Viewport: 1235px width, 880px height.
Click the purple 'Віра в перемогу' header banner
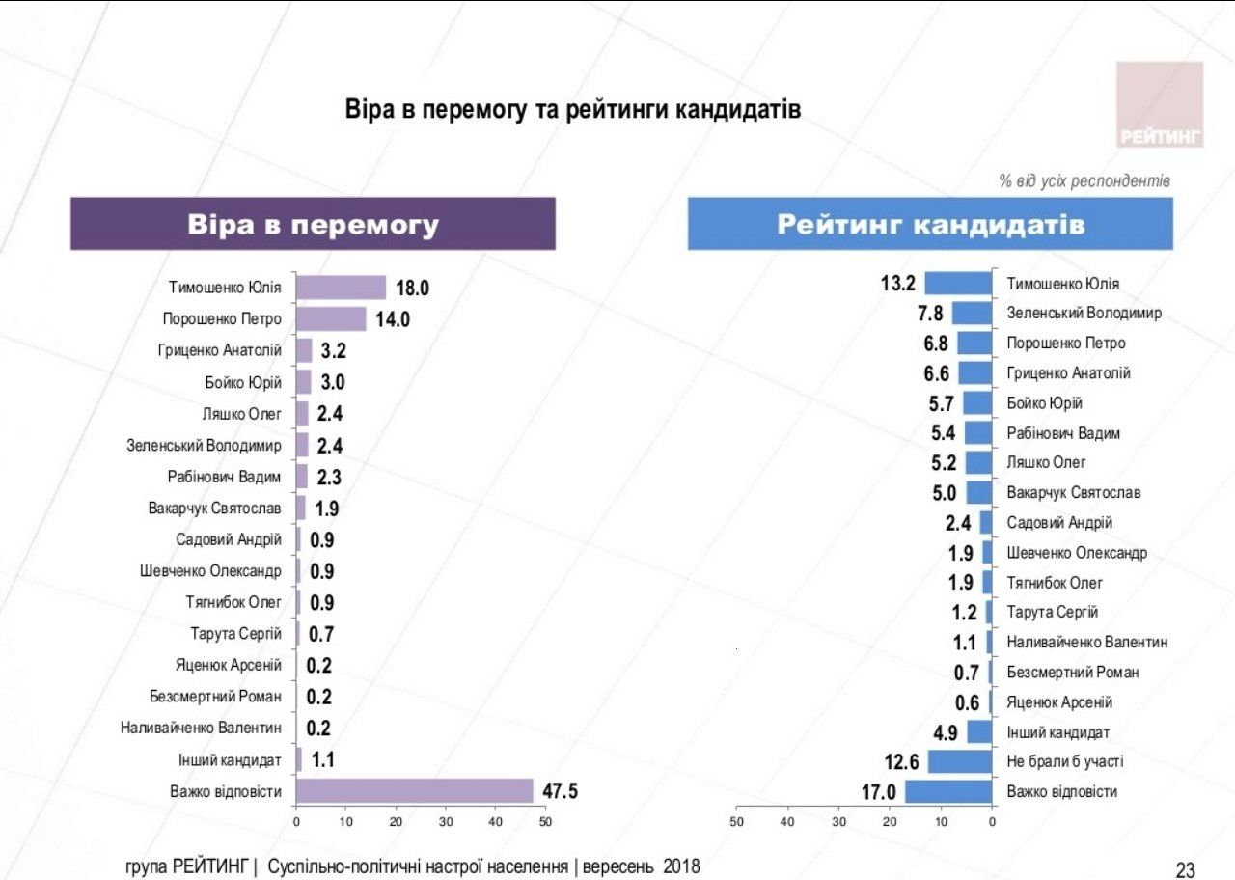tap(313, 224)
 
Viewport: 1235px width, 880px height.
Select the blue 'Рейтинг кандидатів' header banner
tap(930, 224)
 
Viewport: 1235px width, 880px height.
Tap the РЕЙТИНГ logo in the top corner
tap(1160, 104)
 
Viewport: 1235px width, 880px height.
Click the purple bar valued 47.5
tap(414, 791)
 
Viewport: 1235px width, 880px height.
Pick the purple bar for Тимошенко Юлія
tap(341, 288)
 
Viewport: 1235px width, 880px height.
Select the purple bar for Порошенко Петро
tap(331, 318)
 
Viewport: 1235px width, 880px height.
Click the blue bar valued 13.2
tap(958, 283)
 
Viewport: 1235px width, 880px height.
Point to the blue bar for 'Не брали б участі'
tap(960, 761)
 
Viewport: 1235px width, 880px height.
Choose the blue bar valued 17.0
tap(948, 792)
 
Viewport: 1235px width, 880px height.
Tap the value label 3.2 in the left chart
tap(333, 350)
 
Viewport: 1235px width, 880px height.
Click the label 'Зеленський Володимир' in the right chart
tap(1084, 313)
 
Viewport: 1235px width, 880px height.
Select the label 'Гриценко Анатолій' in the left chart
tap(220, 350)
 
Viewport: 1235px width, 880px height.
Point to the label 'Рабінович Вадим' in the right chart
tap(1063, 433)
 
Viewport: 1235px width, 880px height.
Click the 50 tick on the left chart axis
tap(545, 821)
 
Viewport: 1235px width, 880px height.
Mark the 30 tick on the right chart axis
tap(838, 821)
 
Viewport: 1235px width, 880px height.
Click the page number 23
tap(1186, 870)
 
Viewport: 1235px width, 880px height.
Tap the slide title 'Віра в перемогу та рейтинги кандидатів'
tap(573, 110)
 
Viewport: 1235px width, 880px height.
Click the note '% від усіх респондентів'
tap(1084, 180)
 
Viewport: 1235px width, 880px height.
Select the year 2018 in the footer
tap(681, 866)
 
